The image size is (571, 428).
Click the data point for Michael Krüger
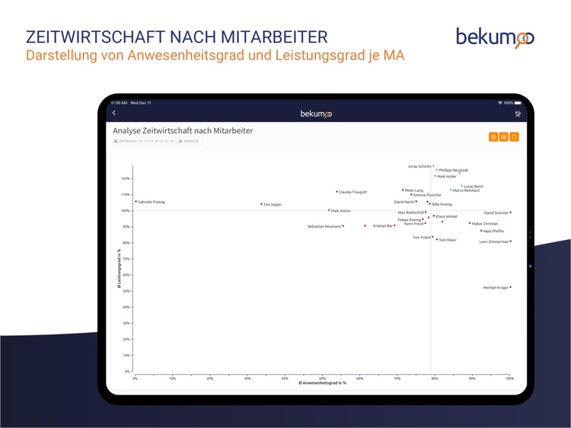tap(510, 288)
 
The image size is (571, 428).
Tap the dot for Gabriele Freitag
tap(136, 202)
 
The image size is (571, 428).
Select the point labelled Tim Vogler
tap(261, 204)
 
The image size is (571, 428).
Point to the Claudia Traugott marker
tap(337, 192)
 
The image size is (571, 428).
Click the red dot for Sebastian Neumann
tap(343, 226)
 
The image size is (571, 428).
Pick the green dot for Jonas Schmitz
tap(434, 166)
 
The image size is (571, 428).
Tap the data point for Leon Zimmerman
tap(510, 241)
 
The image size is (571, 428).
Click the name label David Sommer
tap(496, 213)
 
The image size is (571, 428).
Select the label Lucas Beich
tap(474, 187)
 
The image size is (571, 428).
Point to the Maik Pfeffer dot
tap(481, 231)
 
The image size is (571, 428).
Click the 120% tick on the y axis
tap(124, 178)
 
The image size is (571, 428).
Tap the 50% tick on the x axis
tap(322, 378)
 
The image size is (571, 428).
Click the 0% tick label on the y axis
tap(126, 372)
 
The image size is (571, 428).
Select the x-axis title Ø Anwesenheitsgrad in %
tap(322, 384)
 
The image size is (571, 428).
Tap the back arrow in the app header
tap(114, 113)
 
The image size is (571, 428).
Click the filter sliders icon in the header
tap(518, 113)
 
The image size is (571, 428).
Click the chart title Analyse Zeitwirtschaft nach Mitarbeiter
tap(183, 131)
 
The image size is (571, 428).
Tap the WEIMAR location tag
tap(190, 141)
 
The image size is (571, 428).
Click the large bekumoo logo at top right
tap(495, 37)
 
